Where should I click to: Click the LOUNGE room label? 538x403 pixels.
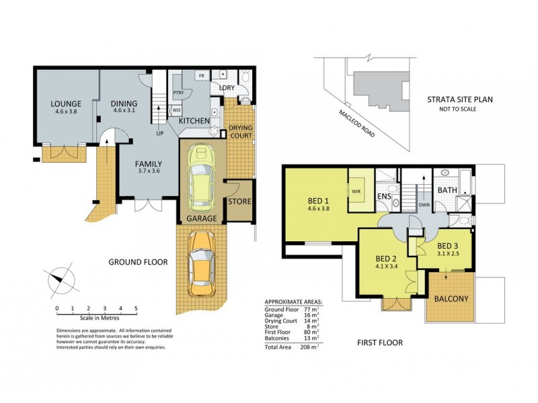[65, 104]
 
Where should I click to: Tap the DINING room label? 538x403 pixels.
[124, 103]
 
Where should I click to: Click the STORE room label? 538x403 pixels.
[240, 201]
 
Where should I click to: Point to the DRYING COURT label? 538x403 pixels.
[241, 132]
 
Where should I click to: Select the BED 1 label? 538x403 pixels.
[318, 201]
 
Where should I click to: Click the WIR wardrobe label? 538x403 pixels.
[356, 191]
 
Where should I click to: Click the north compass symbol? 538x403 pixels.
[59, 278]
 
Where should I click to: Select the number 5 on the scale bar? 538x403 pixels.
[136, 309]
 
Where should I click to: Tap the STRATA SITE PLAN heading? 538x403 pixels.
[460, 99]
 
